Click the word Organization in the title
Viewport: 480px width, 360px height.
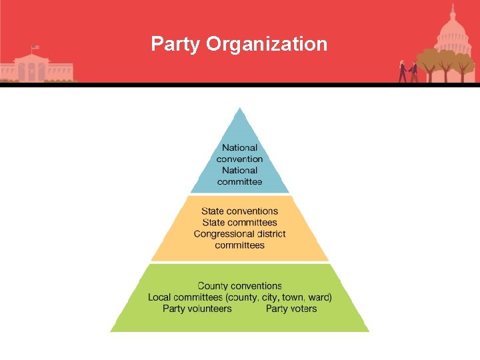(x=267, y=45)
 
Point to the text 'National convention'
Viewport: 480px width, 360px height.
(x=240, y=153)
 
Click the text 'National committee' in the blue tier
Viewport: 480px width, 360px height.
(x=240, y=176)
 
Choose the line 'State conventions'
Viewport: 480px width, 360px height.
(x=240, y=211)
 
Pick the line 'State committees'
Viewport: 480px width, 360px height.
(x=240, y=223)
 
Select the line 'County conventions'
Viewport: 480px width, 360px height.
(x=240, y=286)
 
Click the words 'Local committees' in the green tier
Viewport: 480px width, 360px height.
(x=185, y=297)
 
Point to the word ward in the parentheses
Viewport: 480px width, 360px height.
(x=320, y=297)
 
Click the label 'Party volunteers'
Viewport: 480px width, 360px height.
(x=197, y=309)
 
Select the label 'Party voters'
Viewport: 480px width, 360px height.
(x=291, y=309)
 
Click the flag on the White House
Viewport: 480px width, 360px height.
(x=35, y=48)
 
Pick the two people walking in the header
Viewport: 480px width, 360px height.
(x=408, y=71)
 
